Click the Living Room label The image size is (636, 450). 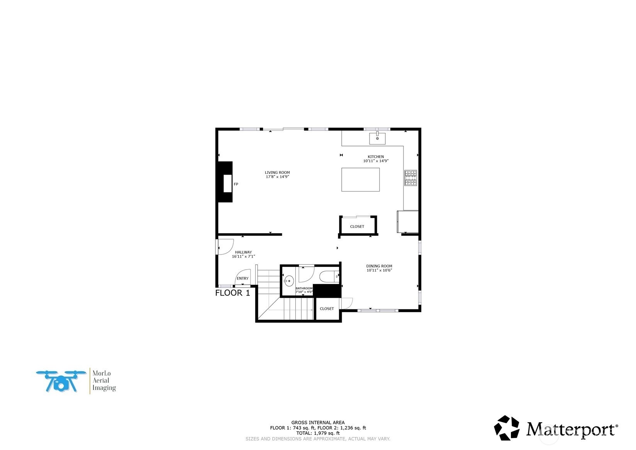(277, 172)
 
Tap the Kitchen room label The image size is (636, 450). (376, 156)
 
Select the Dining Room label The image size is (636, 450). (379, 266)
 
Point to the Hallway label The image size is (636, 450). (243, 252)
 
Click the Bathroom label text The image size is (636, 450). (304, 289)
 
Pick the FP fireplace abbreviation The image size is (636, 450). (236, 184)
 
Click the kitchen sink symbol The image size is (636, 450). (377, 138)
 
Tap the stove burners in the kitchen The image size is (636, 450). (410, 178)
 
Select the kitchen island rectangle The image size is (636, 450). (360, 180)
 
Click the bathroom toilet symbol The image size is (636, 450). (329, 276)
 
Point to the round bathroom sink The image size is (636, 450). (289, 281)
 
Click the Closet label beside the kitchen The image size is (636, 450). (357, 227)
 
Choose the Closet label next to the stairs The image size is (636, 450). (327, 309)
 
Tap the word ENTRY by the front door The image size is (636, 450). (243, 278)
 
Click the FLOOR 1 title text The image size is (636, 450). (232, 293)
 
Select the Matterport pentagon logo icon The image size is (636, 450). (507, 428)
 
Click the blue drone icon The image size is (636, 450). (61, 381)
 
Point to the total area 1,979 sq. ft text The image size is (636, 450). (318, 433)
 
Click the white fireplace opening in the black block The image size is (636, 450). (227, 183)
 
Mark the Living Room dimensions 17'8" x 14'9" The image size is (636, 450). (277, 177)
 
